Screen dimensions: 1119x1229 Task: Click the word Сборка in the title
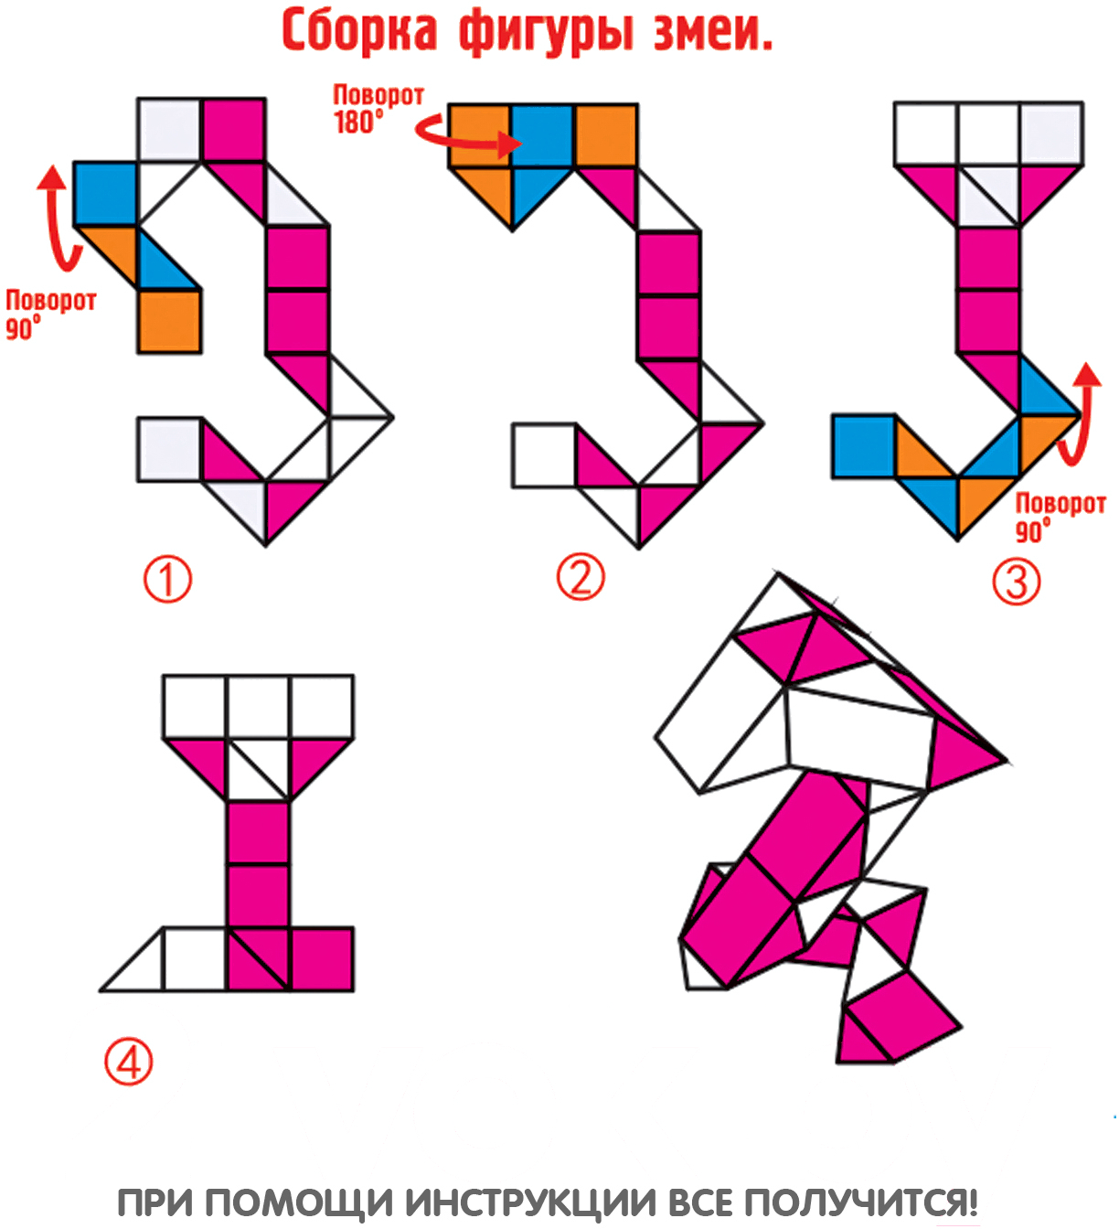pyautogui.click(x=359, y=31)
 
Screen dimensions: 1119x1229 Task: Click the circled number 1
pyautogui.click(x=167, y=579)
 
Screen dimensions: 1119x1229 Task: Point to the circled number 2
pyautogui.click(x=581, y=576)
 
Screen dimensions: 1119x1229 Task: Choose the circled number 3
pyautogui.click(x=1016, y=581)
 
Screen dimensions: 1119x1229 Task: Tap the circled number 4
pyautogui.click(x=128, y=1062)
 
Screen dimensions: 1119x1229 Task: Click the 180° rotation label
pyautogui.click(x=378, y=109)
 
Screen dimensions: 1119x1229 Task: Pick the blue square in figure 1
pyautogui.click(x=105, y=194)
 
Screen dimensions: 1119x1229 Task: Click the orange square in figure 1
pyautogui.click(x=170, y=321)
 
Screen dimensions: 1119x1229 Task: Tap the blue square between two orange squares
pyautogui.click(x=542, y=134)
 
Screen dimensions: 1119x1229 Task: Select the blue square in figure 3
pyautogui.click(x=864, y=446)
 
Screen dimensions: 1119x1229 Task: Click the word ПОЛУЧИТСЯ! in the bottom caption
pyautogui.click(x=861, y=1202)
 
